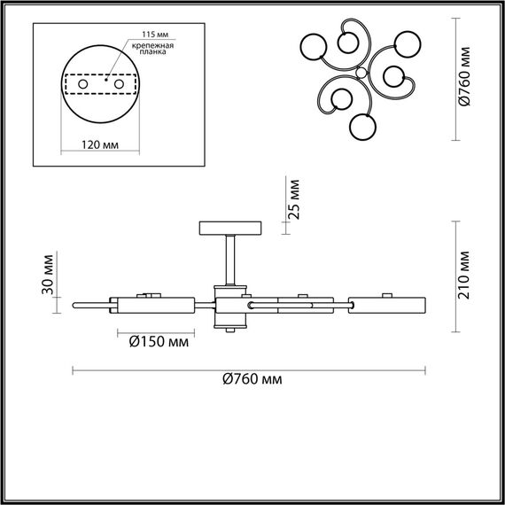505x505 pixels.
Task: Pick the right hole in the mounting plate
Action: point(117,83)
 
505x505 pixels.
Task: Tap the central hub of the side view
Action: point(230,305)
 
